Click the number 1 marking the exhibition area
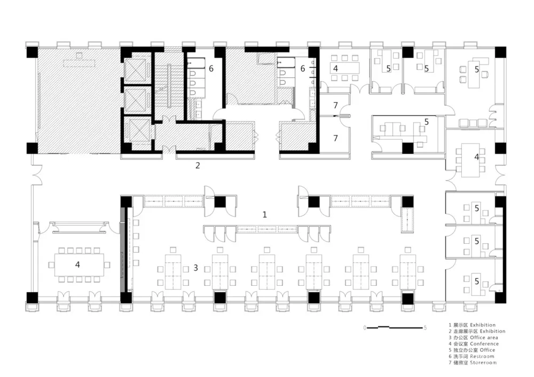pyautogui.click(x=265, y=214)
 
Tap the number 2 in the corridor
pyautogui.click(x=198, y=165)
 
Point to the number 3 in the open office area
pyautogui.click(x=196, y=268)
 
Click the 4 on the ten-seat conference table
pyautogui.click(x=77, y=264)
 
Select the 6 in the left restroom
pyautogui.click(x=211, y=69)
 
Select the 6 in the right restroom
pyautogui.click(x=303, y=69)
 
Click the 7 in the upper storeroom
pyautogui.click(x=335, y=106)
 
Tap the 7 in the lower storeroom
pyautogui.click(x=335, y=138)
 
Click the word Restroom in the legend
pyautogui.click(x=482, y=356)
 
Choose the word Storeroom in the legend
pyautogui.click(x=483, y=363)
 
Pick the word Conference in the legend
pyautogui.click(x=484, y=344)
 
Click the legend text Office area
pyautogui.click(x=484, y=338)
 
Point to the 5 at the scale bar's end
pyautogui.click(x=425, y=328)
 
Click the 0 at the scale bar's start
pyautogui.click(x=365, y=328)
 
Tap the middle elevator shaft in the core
pyautogui.click(x=135, y=100)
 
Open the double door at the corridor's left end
pyautogui.click(x=36, y=175)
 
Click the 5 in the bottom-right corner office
pyautogui.click(x=477, y=281)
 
